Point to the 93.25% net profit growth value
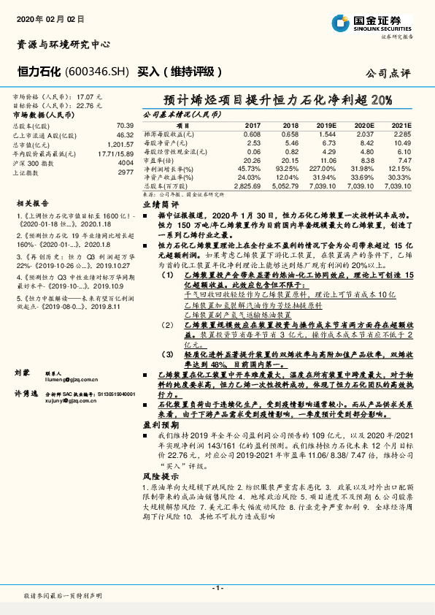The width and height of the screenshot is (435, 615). pos(288,169)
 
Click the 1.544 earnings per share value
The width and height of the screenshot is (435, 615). pos(327,134)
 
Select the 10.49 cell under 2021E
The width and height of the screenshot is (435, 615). pos(401,143)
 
